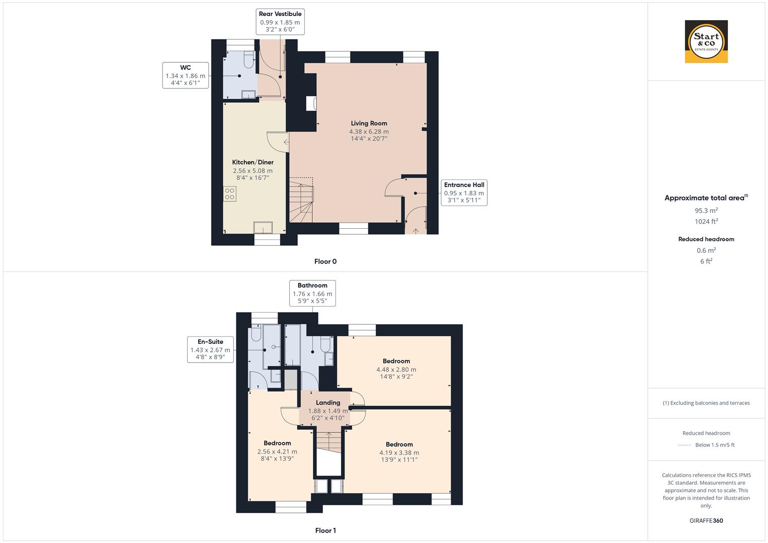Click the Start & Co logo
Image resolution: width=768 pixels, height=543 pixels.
pos(706,41)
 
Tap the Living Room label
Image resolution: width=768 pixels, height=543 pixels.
pos(369,123)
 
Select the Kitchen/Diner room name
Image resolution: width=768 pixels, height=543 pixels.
pos(252,162)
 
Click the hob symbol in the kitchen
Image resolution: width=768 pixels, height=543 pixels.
pos(230,194)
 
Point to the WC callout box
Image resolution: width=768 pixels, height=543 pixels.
pos(185,75)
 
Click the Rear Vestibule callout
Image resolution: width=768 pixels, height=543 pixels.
pos(280,22)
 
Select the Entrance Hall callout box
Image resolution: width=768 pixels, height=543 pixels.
pos(464,193)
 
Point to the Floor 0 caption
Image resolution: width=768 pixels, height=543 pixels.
pos(325,261)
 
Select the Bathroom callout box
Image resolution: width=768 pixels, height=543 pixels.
pos(312,293)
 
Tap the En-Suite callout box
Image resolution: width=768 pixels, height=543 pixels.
pos(210,349)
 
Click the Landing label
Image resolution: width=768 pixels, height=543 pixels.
pos(328,403)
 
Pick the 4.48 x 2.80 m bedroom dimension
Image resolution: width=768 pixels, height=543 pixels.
pos(396,370)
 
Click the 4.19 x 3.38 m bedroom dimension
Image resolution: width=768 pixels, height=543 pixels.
pos(399,452)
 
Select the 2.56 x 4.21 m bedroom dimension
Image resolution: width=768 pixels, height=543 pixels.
pos(277,451)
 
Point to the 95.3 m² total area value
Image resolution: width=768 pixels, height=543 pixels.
pos(706,211)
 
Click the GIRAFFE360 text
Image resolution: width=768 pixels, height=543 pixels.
pos(706,520)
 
